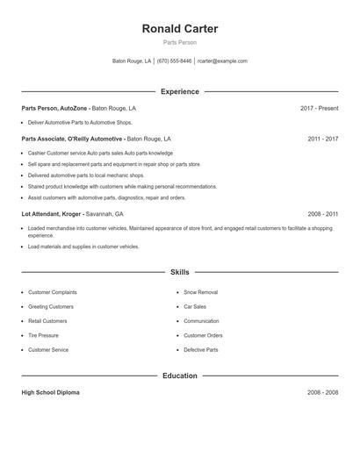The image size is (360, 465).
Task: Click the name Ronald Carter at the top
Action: point(180,29)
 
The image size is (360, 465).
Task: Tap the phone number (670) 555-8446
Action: point(174,61)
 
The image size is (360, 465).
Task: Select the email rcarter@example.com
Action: point(222,61)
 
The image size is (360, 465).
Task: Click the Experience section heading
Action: point(180,91)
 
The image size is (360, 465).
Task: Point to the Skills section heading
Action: point(180,273)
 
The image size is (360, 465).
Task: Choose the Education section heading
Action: point(180,376)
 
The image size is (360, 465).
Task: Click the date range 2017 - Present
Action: point(319,108)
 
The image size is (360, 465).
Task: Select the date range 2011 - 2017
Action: point(322,139)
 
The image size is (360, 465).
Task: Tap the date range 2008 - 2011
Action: point(322,213)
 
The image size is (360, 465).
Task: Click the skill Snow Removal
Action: point(200,292)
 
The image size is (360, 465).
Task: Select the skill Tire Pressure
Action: point(43,335)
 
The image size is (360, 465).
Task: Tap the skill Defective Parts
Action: point(201,350)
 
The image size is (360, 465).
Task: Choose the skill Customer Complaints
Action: point(52,292)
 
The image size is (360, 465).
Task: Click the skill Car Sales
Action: point(195,306)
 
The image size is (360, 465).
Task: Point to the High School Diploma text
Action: point(50,392)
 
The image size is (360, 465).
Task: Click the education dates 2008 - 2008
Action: point(322,392)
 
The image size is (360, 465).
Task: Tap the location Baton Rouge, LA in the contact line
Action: point(132,61)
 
